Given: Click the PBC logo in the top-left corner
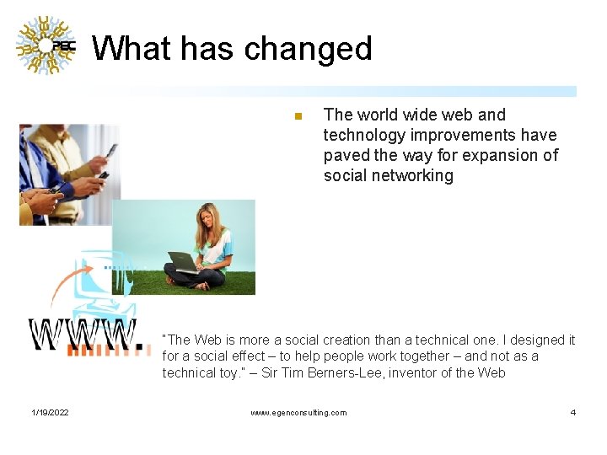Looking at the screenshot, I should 46,46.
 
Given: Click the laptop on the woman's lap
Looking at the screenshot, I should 183,262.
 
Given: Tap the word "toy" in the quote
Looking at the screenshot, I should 235,372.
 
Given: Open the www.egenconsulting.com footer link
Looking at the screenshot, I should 298,412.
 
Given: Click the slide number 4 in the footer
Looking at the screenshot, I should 573,412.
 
